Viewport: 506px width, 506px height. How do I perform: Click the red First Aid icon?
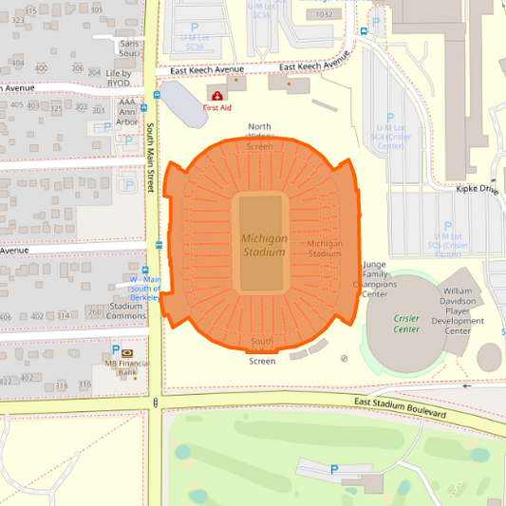218,96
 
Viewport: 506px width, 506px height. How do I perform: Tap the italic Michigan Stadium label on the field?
264,245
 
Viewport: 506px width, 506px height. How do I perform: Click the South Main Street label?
150,158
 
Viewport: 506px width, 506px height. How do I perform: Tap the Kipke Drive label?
476,189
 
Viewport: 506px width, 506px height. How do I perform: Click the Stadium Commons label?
126,311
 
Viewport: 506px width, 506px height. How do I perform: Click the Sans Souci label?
130,49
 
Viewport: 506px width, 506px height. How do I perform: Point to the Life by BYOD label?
119,78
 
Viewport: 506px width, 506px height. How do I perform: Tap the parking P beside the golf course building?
333,469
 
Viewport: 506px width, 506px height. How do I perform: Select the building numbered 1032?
325,14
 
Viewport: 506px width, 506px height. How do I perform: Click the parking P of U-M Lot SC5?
447,225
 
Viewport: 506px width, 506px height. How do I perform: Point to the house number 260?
93,312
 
